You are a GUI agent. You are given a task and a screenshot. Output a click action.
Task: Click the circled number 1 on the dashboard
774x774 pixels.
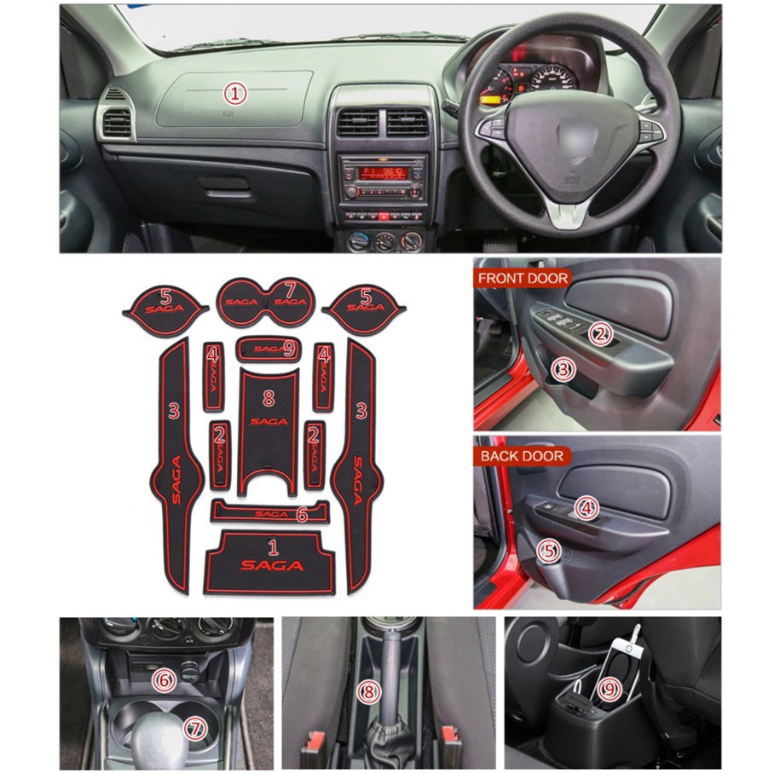pyautogui.click(x=235, y=94)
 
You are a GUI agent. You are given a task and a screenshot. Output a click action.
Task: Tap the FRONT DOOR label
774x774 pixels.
pyautogui.click(x=523, y=279)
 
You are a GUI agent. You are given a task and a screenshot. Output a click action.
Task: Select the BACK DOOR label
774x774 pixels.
pyautogui.click(x=522, y=456)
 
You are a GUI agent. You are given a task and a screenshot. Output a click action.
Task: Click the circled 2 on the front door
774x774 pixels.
pyautogui.click(x=601, y=335)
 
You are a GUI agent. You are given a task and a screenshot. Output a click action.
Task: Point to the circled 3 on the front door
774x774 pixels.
pyautogui.click(x=563, y=369)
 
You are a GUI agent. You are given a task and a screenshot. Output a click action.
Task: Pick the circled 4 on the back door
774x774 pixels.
pyautogui.click(x=586, y=508)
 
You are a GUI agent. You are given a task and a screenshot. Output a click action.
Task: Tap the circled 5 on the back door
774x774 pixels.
pyautogui.click(x=548, y=550)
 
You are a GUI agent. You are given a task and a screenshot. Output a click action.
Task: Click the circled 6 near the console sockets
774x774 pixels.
pyautogui.click(x=164, y=681)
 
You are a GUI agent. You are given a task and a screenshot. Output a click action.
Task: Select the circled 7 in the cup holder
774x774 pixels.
pyautogui.click(x=195, y=729)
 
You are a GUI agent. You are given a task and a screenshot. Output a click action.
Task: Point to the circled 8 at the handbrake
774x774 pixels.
pyautogui.click(x=368, y=692)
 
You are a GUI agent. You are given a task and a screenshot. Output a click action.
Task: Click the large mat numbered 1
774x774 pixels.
pyautogui.click(x=270, y=563)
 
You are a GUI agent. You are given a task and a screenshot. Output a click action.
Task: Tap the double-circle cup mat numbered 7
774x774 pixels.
pyautogui.click(x=266, y=302)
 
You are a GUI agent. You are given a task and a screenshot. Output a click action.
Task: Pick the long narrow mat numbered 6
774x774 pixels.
pyautogui.click(x=270, y=512)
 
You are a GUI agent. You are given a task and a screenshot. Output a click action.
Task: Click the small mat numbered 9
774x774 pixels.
pyautogui.click(x=268, y=349)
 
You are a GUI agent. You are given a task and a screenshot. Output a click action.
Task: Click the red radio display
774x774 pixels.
pyautogui.click(x=383, y=173)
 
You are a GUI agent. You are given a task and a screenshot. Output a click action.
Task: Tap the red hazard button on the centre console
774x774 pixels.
pyautogui.click(x=384, y=217)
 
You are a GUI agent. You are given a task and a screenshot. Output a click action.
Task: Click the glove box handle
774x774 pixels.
pyautogui.click(x=224, y=184)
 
